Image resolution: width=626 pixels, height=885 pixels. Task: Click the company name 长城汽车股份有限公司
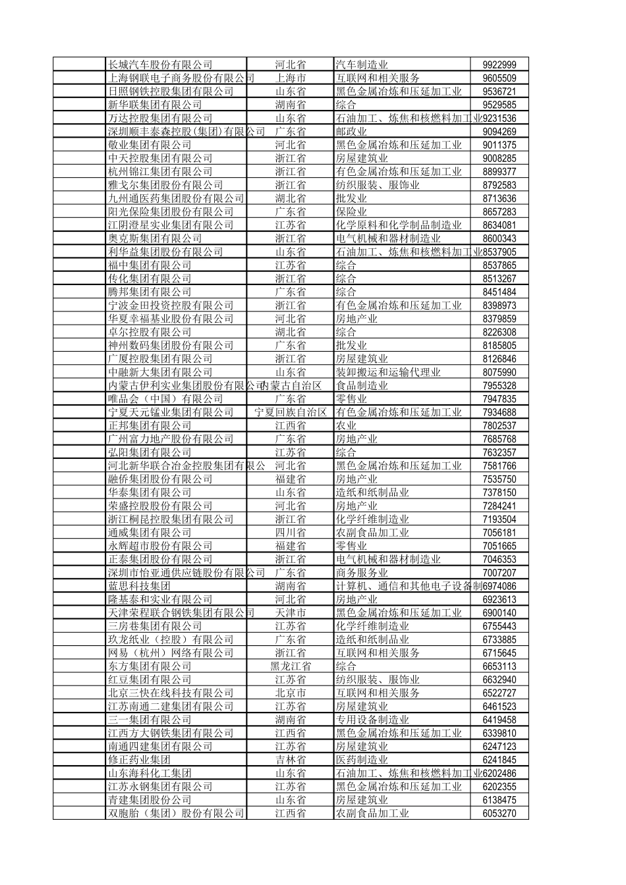(x=160, y=65)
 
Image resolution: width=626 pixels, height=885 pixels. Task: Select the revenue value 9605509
(x=499, y=78)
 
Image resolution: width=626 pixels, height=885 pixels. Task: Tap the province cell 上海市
(x=290, y=78)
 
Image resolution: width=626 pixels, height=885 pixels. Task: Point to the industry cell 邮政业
(x=351, y=132)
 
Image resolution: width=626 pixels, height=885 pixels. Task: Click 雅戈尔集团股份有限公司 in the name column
(x=165, y=185)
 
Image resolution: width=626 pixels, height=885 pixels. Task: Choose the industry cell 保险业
(x=351, y=212)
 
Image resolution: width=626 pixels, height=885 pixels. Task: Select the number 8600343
(x=499, y=238)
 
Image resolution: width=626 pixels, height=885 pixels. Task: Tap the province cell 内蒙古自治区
(x=291, y=385)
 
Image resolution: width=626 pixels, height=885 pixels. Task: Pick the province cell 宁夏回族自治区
(x=291, y=412)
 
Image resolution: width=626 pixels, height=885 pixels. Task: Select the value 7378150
(x=499, y=493)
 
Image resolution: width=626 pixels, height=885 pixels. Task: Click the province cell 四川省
(x=290, y=533)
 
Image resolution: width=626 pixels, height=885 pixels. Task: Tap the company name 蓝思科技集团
(x=139, y=586)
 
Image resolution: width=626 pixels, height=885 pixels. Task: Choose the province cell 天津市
(x=290, y=612)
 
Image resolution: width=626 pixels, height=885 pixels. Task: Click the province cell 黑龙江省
(x=290, y=666)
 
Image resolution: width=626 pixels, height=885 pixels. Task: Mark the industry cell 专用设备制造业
(x=372, y=720)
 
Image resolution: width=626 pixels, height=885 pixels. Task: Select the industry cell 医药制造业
(x=362, y=760)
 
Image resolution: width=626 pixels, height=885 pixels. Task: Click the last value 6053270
(x=499, y=813)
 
